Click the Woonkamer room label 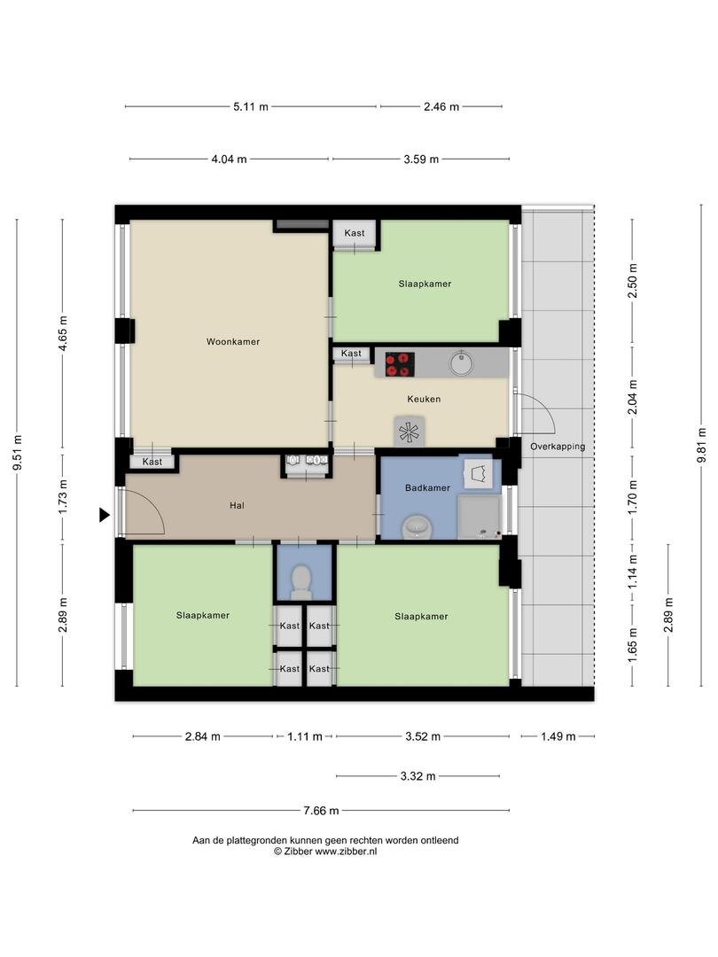[x=232, y=342]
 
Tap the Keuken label [x=424, y=399]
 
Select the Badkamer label [x=427, y=487]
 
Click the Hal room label [x=237, y=505]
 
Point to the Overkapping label [x=558, y=447]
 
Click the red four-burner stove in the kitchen [x=399, y=364]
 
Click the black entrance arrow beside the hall [x=105, y=515]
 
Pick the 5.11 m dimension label [x=250, y=107]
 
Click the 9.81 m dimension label [x=701, y=445]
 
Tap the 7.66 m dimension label [x=321, y=811]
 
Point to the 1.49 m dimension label [x=558, y=736]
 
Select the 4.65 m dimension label [x=62, y=334]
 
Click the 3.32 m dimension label [x=418, y=776]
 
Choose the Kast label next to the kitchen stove [x=351, y=354]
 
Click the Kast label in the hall [x=152, y=462]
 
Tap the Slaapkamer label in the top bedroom [x=425, y=284]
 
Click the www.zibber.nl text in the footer [x=347, y=852]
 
